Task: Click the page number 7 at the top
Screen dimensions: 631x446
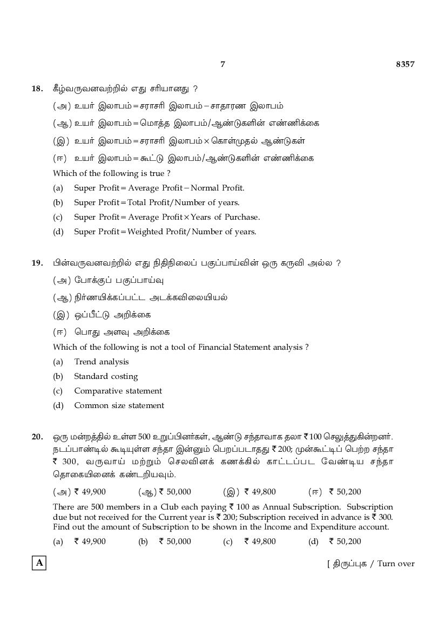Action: point(222,64)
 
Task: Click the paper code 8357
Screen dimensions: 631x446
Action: point(404,64)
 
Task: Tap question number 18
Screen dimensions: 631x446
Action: point(37,89)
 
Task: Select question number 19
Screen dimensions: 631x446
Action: point(37,263)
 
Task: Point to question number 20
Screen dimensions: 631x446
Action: point(37,436)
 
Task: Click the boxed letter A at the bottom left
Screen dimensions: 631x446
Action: point(39,564)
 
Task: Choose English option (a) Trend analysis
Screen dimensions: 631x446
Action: point(101,362)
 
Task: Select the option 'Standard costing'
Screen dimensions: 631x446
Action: point(106,376)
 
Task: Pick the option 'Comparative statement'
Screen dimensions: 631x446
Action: point(118,391)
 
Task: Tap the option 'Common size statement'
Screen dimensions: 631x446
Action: point(119,405)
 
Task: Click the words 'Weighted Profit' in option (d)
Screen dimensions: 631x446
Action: point(155,232)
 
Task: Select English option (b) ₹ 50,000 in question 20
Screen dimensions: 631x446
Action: point(174,541)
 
